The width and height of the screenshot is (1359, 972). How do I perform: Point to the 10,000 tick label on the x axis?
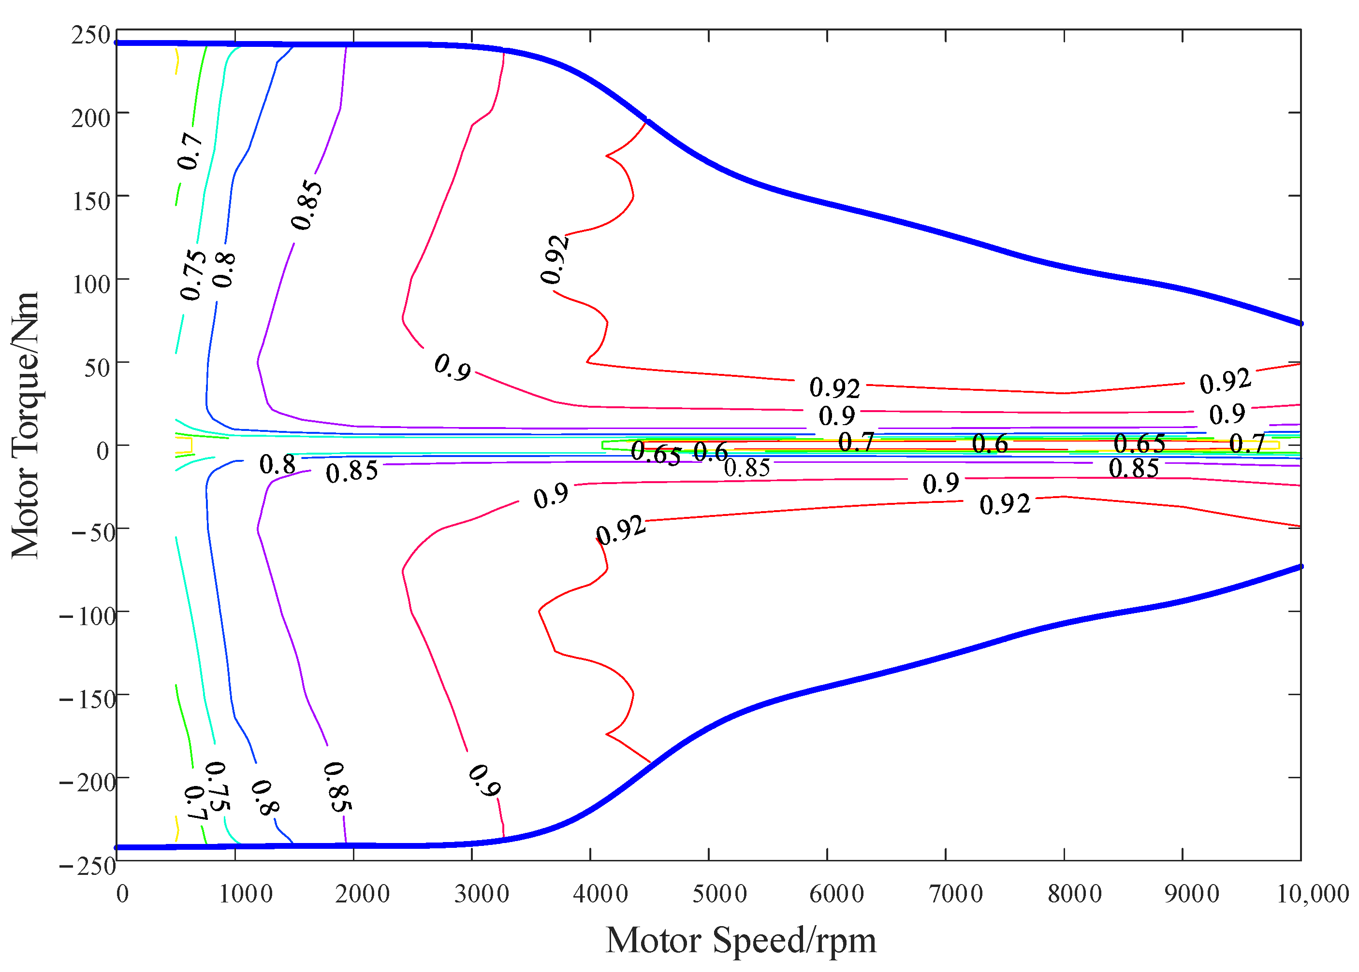tap(1312, 894)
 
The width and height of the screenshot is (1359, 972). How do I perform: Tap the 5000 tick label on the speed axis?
tap(719, 894)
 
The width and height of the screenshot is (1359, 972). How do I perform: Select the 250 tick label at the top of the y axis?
tap(90, 35)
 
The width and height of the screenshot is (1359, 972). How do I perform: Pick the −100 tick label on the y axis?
tap(88, 616)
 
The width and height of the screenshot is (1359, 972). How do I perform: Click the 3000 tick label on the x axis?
tap(482, 894)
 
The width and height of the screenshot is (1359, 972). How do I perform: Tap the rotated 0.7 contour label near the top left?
tap(190, 151)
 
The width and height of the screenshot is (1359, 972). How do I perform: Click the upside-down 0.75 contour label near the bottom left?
tap(216, 786)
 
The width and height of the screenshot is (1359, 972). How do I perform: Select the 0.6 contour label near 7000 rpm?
tap(990, 443)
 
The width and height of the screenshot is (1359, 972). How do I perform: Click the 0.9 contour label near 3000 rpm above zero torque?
tap(452, 366)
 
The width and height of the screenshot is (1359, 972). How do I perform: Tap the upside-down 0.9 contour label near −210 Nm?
tap(484, 781)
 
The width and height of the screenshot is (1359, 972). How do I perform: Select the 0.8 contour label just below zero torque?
tap(278, 464)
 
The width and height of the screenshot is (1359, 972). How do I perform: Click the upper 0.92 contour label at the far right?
tap(1225, 381)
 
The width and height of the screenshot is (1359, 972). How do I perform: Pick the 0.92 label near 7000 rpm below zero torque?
tap(1005, 504)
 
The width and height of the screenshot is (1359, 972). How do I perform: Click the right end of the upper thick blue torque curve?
tap(1300, 324)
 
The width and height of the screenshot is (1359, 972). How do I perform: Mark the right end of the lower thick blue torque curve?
tap(1300, 566)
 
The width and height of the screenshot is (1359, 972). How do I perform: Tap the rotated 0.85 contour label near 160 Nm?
tap(307, 205)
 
